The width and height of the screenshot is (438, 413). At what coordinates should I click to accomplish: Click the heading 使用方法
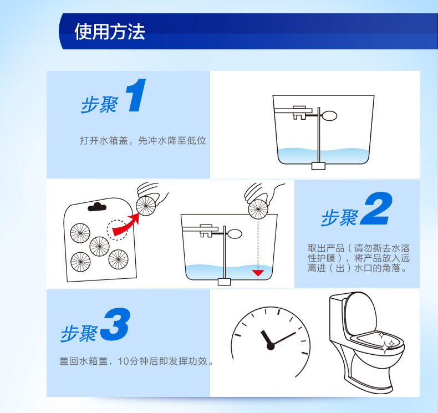[110, 32]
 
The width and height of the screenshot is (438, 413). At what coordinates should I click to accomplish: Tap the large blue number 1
[136, 95]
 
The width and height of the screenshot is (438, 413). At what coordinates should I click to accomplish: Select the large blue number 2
[376, 208]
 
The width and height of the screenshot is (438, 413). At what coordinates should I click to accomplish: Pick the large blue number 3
[115, 324]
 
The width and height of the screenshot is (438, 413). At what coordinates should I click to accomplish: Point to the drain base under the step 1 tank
[318, 166]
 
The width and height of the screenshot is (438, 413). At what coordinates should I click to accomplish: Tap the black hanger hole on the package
[97, 207]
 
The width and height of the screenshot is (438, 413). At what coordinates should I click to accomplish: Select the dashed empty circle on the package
[118, 230]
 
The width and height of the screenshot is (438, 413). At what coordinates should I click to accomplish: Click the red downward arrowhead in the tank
[258, 273]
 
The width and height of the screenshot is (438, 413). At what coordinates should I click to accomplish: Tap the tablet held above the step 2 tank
[258, 210]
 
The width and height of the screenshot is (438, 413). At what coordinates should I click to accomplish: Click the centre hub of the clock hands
[271, 346]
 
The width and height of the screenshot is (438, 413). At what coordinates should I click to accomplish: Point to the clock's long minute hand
[283, 339]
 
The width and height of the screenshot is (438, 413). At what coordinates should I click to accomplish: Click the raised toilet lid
[360, 312]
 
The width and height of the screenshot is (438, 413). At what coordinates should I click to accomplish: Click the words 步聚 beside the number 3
[79, 333]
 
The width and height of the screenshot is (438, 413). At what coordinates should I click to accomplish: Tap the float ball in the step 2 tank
[235, 234]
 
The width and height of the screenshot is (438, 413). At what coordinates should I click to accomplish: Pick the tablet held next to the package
[146, 206]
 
